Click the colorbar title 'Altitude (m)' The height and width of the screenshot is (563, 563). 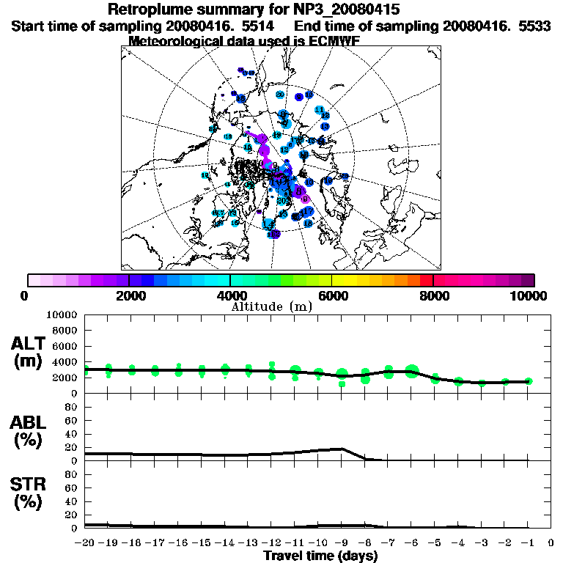(x=272, y=306)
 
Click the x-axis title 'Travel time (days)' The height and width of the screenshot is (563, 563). (x=320, y=556)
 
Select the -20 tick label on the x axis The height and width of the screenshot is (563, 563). (x=85, y=543)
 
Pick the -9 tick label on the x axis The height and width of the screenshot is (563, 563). (x=342, y=543)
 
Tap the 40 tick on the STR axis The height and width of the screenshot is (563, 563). (x=73, y=501)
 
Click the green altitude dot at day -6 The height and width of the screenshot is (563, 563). (x=412, y=371)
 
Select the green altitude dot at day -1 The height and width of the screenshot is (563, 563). (x=529, y=381)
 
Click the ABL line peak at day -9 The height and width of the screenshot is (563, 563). (x=342, y=449)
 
